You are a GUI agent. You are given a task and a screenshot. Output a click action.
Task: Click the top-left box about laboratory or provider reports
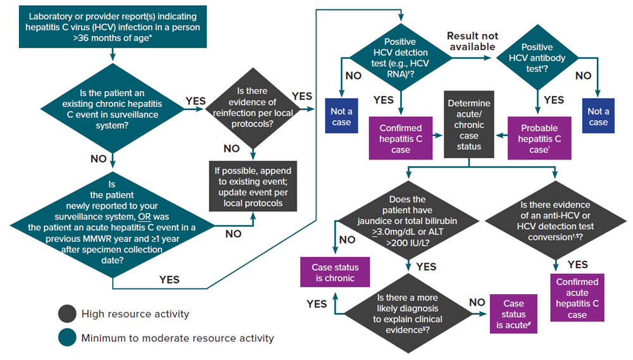click(112, 27)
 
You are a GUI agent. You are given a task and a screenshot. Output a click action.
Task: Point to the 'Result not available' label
click(472, 41)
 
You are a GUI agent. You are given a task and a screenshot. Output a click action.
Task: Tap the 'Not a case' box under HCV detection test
click(341, 116)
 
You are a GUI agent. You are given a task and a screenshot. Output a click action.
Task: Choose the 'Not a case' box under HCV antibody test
click(598, 116)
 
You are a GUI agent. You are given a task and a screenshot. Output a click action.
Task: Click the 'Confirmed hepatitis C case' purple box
click(401, 139)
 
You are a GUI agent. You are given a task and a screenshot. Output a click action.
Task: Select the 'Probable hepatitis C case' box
click(537, 139)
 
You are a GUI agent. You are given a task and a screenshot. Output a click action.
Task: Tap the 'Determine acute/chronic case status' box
click(469, 124)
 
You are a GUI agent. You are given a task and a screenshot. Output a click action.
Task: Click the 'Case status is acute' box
click(515, 314)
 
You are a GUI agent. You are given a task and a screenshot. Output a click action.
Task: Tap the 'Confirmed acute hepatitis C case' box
click(577, 298)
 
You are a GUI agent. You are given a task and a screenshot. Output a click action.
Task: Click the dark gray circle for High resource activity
click(66, 313)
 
